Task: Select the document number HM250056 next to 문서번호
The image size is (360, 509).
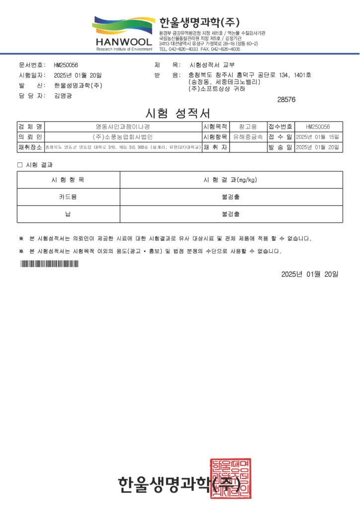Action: point(66,65)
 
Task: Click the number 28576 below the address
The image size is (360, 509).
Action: point(286,99)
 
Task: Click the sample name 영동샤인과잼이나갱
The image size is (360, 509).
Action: point(122,127)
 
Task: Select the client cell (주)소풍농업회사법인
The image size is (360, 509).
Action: point(122,137)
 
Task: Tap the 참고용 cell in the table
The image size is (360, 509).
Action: point(248,127)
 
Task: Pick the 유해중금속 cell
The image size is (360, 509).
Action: point(248,137)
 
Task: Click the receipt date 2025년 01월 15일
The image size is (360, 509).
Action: point(317,137)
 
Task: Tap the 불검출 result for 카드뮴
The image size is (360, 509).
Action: point(230,197)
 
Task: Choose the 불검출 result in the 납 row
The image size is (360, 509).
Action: point(230,214)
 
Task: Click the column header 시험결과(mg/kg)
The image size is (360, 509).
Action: point(230,179)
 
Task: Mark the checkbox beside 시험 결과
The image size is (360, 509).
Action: point(20,165)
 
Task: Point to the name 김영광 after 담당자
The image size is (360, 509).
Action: point(63,95)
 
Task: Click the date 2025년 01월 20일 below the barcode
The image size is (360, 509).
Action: point(309,274)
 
